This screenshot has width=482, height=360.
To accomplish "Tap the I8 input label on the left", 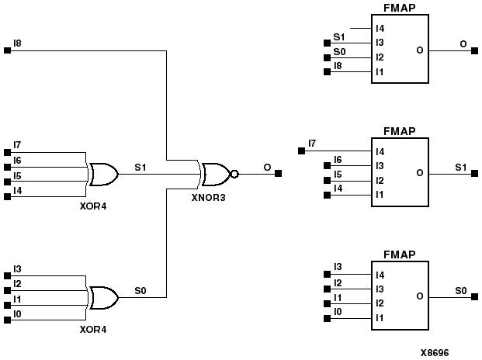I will [18, 43].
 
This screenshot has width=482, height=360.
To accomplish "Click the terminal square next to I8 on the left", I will [8, 50].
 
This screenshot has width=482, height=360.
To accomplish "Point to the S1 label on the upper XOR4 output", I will [140, 167].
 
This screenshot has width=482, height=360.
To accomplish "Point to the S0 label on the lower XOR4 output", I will [140, 290].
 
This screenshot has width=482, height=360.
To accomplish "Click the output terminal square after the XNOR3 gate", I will [278, 174].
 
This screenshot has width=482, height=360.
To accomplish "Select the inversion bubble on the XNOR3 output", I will [234, 174].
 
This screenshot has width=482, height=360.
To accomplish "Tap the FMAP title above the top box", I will [399, 9].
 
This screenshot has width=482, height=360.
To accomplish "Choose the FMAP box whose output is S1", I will [399, 173].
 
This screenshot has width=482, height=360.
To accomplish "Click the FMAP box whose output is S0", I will [399, 296].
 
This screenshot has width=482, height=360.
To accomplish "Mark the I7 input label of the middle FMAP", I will [312, 143].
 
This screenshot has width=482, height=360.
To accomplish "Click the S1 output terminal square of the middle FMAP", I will [470, 174].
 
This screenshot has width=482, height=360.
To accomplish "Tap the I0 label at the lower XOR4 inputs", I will [18, 313].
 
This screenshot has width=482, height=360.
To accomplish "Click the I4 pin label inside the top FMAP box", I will [380, 29].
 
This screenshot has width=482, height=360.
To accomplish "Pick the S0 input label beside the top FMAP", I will [338, 50].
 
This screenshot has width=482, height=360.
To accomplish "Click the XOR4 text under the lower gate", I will [94, 330].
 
